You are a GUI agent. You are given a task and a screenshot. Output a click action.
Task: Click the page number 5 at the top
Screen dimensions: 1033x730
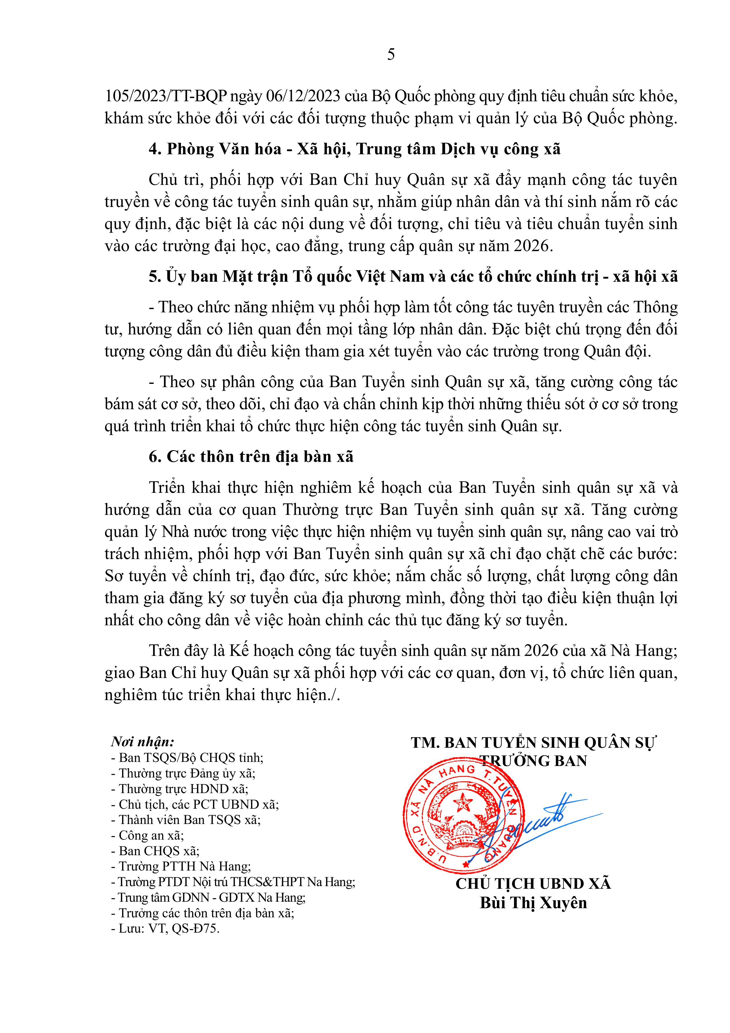[x=391, y=54]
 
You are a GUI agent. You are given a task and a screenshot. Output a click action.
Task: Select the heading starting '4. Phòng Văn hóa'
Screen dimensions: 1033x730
[x=355, y=149]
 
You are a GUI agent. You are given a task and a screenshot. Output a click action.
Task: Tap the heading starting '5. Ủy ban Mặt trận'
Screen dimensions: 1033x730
[x=413, y=276]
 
